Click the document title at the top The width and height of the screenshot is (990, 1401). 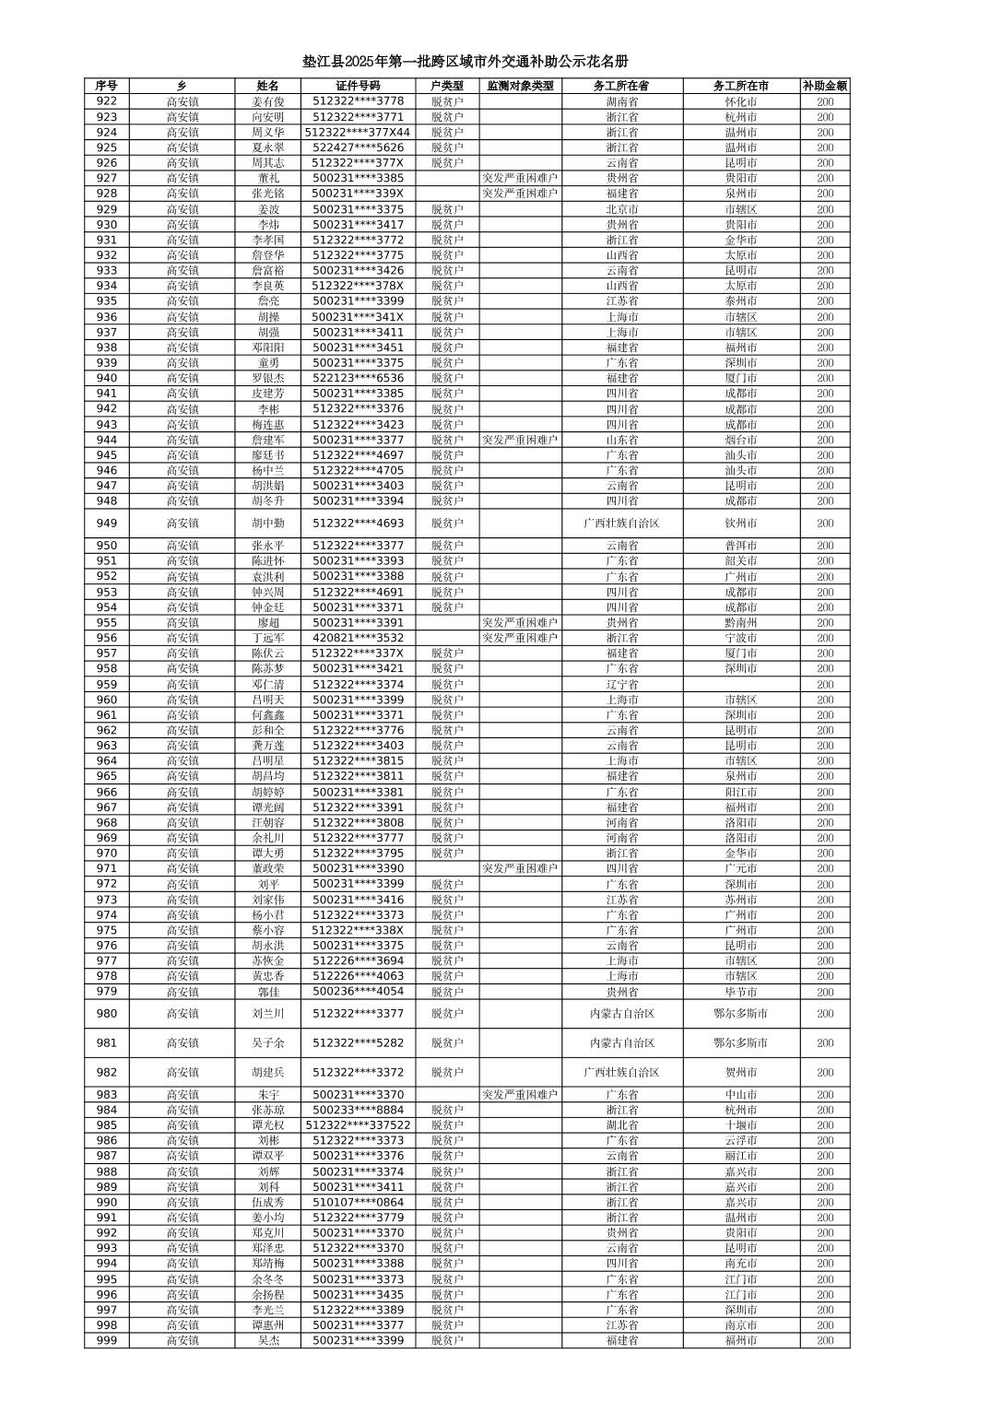pos(466,62)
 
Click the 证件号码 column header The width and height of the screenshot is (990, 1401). pos(358,86)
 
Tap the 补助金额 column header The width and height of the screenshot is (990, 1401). pos(824,86)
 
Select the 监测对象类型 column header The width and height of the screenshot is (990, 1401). pos(520,86)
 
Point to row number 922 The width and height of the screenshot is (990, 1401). pos(107,101)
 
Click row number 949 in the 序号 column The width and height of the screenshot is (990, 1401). pos(107,523)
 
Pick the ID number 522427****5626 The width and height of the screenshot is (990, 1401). pos(358,147)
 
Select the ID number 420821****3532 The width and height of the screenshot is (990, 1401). pos(358,638)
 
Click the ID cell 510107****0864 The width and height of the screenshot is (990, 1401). pos(358,1202)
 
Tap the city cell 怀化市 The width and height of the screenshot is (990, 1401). pos(740,101)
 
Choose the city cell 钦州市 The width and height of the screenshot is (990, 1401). pos(740,523)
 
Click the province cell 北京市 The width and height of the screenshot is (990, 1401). pos(622,209)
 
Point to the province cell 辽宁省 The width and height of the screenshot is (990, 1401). pos(622,684)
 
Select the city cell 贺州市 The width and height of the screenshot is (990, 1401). pos(740,1072)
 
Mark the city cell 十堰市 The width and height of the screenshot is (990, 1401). pos(740,1125)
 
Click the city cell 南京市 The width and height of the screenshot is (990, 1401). pos(740,1324)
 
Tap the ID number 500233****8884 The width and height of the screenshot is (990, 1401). pos(358,1110)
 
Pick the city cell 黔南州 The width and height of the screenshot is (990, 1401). pos(740,622)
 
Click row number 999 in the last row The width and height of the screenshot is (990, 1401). pos(107,1340)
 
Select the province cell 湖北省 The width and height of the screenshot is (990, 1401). pos(622,1125)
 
